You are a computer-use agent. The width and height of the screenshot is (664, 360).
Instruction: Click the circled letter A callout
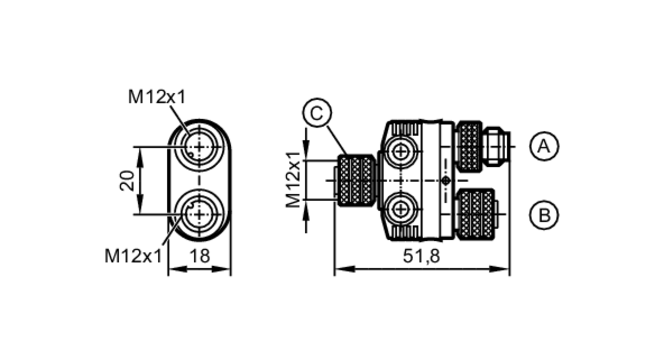[x=544, y=146]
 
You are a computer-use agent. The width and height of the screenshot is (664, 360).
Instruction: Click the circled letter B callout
[x=544, y=215]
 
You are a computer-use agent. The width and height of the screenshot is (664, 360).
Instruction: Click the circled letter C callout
[x=317, y=113]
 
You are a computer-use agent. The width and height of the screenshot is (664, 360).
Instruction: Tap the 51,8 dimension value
[x=421, y=256]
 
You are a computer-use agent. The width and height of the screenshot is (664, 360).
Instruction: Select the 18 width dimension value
[x=200, y=256]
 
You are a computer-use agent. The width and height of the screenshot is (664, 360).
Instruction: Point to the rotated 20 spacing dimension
[x=127, y=181]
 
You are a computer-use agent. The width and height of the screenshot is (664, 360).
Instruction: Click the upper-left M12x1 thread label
[x=156, y=97]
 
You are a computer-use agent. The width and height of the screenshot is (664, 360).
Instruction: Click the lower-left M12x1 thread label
[x=133, y=256]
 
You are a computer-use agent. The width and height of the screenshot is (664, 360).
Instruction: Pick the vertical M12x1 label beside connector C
[x=293, y=180]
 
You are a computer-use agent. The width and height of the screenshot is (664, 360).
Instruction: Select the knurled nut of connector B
[x=476, y=214]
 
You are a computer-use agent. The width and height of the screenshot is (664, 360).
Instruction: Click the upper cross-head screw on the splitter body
[x=401, y=151]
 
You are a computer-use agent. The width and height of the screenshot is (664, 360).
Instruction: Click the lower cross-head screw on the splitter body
[x=401, y=209]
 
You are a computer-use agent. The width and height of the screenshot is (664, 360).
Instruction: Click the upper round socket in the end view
[x=199, y=146]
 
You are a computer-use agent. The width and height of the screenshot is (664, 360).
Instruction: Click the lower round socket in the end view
[x=199, y=215]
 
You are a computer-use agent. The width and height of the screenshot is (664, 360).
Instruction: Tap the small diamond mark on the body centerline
[x=446, y=181]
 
